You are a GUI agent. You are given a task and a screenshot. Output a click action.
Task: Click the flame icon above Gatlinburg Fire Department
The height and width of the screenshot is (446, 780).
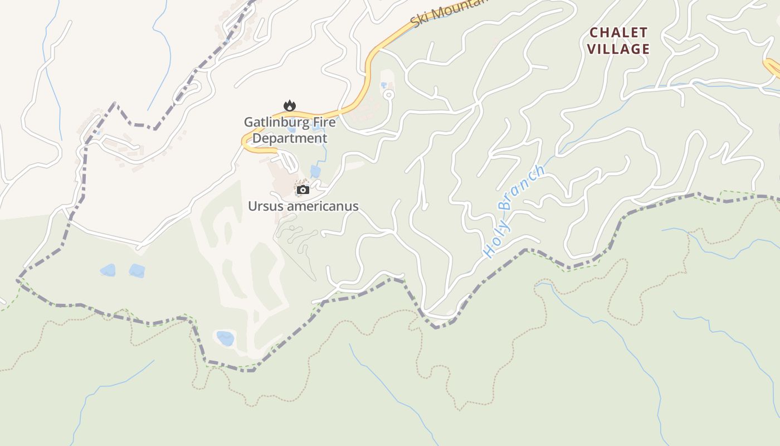[289, 105]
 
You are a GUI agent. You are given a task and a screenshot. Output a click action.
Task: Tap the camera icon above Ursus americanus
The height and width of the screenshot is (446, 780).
[303, 190]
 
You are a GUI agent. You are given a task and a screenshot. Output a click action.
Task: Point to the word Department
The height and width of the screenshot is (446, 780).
[290, 138]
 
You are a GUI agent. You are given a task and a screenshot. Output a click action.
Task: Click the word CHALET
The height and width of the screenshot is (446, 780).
[618, 33]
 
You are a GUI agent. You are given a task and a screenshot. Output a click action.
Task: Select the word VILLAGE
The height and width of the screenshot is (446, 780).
[618, 49]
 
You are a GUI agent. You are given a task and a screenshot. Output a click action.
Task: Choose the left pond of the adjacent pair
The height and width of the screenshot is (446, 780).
[108, 270]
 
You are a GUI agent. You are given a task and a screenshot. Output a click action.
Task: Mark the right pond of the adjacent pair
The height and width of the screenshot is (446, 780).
[137, 271]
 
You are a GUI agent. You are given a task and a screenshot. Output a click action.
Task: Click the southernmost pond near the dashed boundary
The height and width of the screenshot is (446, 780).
[225, 338]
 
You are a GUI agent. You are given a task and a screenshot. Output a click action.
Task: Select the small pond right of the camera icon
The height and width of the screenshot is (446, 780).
[315, 171]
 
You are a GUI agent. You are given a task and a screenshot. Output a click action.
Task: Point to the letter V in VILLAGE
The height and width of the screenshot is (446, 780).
[592, 49]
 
